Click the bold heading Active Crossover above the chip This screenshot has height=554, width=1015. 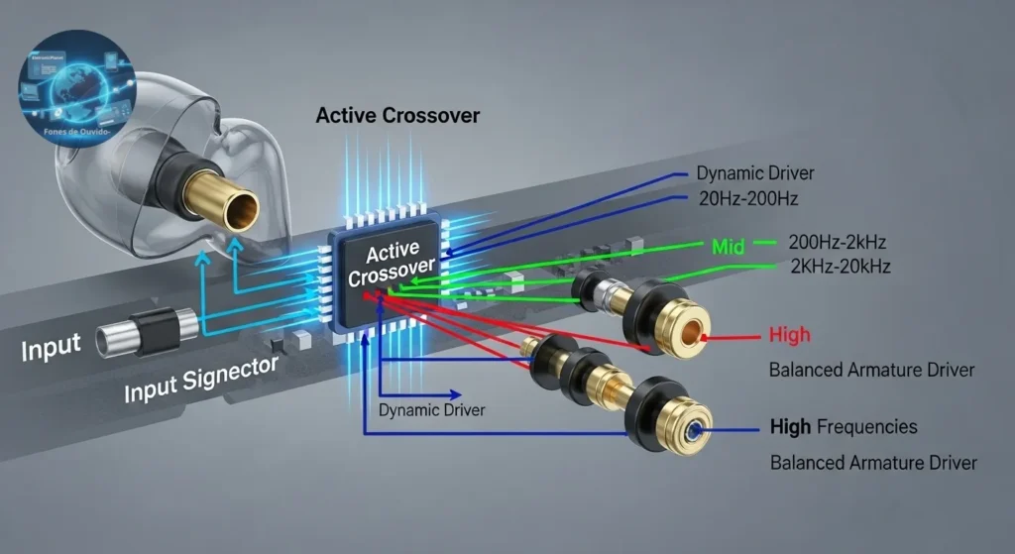397,116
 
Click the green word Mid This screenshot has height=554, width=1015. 728,245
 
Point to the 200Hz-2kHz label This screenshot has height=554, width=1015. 838,242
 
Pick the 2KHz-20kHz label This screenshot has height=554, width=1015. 840,266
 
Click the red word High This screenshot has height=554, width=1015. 789,335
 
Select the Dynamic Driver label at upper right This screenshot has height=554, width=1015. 755,173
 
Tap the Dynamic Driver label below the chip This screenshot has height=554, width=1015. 432,409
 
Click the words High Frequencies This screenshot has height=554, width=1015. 844,427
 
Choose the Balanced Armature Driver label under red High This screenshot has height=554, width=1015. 871,370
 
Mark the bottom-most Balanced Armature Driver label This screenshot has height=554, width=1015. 873,463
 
